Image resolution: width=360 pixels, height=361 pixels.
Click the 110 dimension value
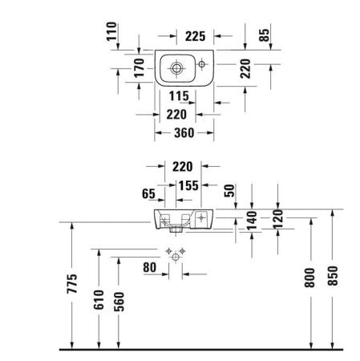(113, 34)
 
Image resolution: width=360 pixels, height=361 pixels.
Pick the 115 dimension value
(180, 96)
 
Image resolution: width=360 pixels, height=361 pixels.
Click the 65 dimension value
(148, 193)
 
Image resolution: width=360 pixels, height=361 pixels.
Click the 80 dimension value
(149, 266)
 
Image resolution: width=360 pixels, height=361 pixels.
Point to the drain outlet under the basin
(178, 229)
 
